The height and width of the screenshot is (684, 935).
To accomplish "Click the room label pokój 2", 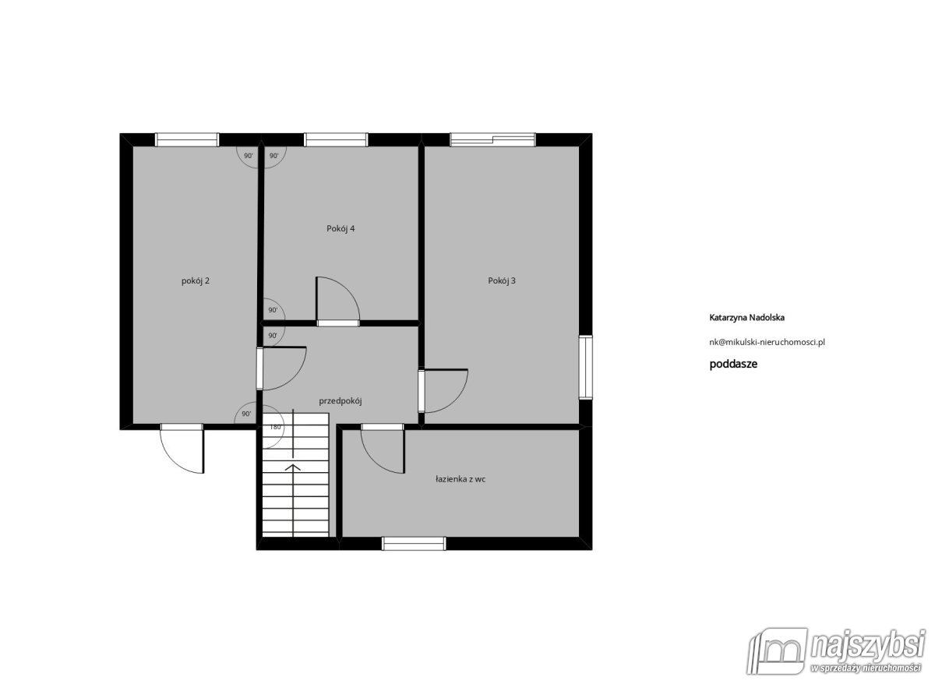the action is (x=196, y=281).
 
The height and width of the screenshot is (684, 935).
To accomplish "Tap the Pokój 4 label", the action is (x=340, y=229).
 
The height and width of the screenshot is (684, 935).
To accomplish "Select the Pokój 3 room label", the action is (x=502, y=281).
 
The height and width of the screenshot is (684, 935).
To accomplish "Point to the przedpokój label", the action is (x=340, y=401).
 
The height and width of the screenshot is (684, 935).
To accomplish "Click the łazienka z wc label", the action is (x=460, y=480).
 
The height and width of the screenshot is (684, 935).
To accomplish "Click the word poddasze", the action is (x=733, y=364).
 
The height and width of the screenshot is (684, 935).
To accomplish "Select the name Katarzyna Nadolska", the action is (x=746, y=318).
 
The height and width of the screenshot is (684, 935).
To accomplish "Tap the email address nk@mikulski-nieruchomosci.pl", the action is (x=767, y=342).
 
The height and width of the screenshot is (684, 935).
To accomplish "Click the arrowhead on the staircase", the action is (x=293, y=467).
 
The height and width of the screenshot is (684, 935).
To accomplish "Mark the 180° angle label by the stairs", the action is (x=275, y=427).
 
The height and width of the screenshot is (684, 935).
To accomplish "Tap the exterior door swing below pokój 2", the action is (x=174, y=460).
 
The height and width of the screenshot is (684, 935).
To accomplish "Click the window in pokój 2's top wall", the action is (x=187, y=139).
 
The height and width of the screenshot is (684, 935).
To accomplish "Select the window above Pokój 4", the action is (x=336, y=139).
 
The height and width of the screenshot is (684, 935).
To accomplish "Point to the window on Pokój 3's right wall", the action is (x=586, y=368).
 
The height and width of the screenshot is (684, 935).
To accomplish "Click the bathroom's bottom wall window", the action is (x=414, y=543).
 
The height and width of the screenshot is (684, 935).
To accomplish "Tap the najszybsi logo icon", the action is (x=778, y=651).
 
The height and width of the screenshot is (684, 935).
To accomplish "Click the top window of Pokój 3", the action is (x=492, y=139).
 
